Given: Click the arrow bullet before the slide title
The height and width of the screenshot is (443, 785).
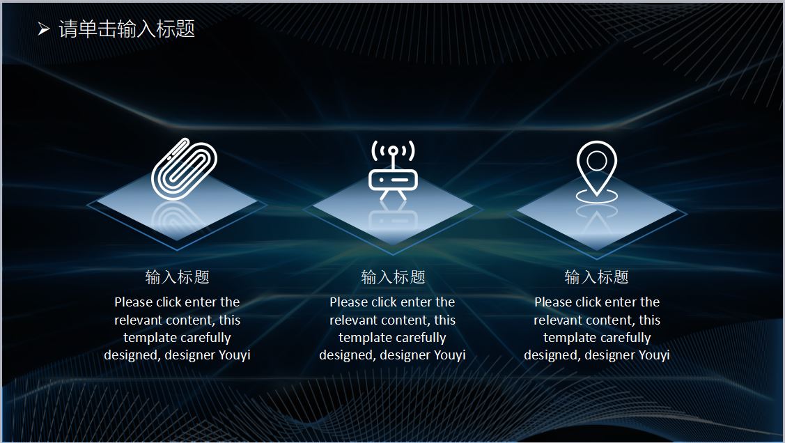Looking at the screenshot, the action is point(44,29).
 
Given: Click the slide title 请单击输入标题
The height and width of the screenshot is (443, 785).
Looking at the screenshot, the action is point(127,29).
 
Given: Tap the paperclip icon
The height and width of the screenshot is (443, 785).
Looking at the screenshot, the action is point(184,169).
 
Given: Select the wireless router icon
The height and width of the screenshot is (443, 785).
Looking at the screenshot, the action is point(393,170).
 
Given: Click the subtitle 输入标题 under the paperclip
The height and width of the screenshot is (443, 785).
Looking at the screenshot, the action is point(177,277).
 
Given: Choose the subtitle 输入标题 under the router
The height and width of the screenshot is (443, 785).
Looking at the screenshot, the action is point(393,277).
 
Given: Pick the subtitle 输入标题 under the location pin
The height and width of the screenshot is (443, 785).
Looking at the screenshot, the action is point(596,277).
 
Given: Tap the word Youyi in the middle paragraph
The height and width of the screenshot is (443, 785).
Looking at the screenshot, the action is point(450,355).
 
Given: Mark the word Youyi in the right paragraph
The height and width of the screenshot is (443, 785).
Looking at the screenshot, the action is point(654,355).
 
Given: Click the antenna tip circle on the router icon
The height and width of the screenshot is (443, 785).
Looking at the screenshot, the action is point(394,150).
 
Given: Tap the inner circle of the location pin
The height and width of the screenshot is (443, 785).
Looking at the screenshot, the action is point(597,161).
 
